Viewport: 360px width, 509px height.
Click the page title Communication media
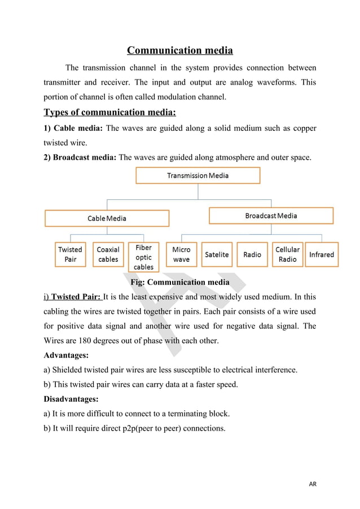coord(179,51)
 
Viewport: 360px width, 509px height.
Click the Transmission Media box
coord(197,175)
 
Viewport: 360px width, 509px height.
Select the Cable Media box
coord(107,218)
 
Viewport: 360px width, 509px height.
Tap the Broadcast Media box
coord(271,216)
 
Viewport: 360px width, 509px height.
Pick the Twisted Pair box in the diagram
coord(70,254)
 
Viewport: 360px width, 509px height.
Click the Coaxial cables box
coord(108,254)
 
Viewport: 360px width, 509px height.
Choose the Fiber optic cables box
coord(143,257)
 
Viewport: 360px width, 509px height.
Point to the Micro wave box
coord(181,254)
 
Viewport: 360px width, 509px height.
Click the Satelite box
coord(217,254)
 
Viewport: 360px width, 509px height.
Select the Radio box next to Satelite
coord(252,254)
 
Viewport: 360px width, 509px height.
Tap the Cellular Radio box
coord(287,254)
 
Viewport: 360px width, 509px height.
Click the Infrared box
coord(322,254)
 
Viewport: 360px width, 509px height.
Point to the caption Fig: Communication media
coord(179,282)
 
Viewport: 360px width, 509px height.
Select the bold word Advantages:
coord(66,356)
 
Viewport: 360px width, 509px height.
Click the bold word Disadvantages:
coord(72,399)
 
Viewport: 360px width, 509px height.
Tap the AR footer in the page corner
coord(312,484)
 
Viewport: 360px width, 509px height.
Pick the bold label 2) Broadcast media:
coord(80,157)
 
